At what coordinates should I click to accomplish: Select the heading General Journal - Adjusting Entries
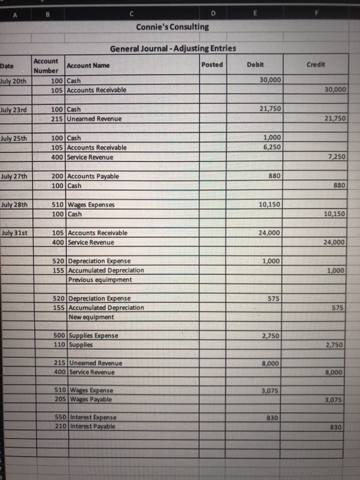[x=173, y=48]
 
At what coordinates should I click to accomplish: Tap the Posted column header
[x=213, y=64]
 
